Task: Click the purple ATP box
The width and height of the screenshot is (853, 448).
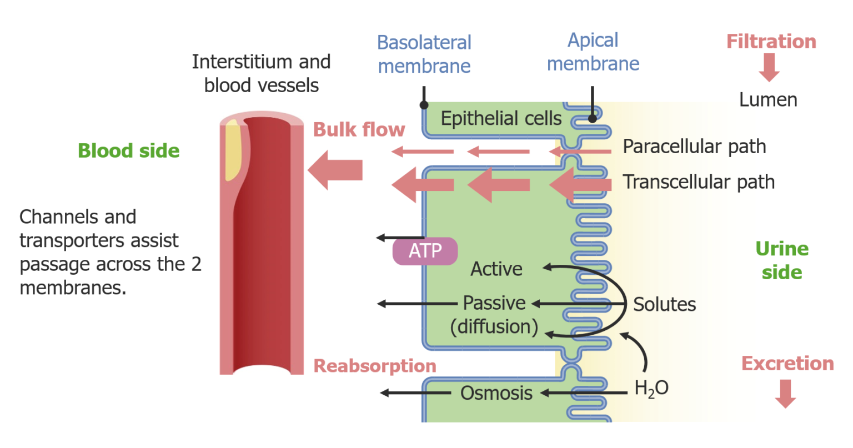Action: (425, 251)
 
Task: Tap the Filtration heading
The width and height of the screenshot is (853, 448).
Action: (771, 42)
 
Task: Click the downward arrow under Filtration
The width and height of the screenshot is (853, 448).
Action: (769, 67)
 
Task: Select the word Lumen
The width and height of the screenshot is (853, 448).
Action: (767, 100)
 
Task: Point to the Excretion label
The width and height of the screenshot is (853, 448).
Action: (787, 364)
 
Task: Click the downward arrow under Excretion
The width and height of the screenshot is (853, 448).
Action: (785, 393)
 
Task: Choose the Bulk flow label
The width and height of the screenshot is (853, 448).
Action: (359, 129)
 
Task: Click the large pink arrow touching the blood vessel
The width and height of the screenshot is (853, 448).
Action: (335, 170)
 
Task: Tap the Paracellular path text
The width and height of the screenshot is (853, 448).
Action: (694, 147)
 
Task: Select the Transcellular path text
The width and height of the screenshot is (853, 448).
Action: (698, 182)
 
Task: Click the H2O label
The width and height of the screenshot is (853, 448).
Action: (651, 389)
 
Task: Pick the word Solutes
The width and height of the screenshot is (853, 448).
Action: (664, 304)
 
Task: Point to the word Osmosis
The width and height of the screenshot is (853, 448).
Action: (496, 393)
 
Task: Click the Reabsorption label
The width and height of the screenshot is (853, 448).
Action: (375, 366)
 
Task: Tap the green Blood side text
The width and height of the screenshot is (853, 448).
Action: (128, 150)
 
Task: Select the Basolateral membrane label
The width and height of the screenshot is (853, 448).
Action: (424, 54)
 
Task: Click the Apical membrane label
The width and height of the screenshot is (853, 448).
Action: (593, 52)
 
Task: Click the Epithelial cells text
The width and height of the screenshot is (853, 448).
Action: (501, 118)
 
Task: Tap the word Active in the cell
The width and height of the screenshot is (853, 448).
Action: (496, 269)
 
